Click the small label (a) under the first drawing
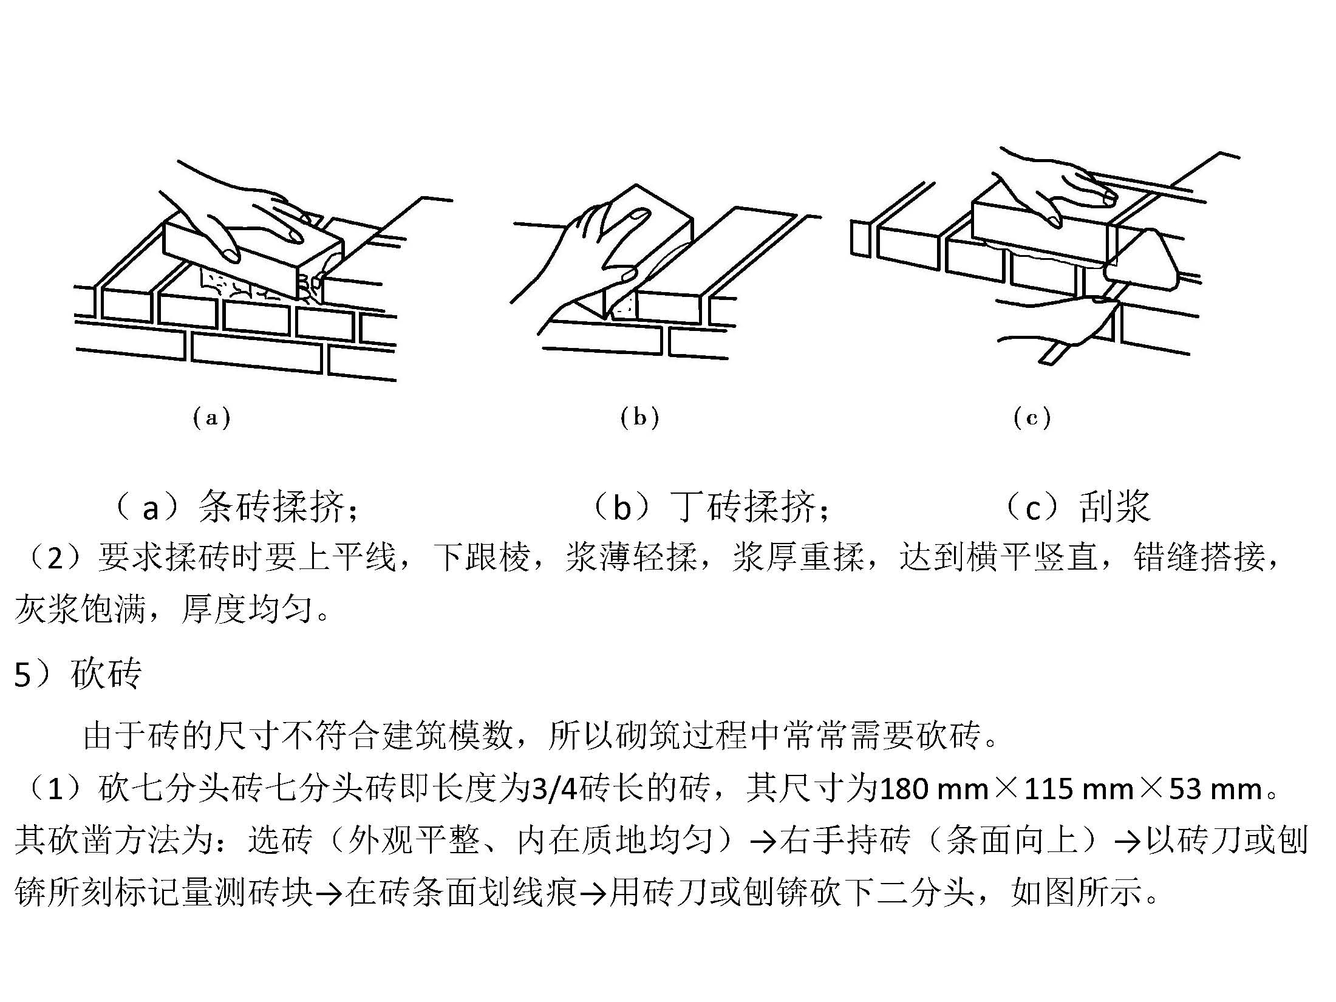pyautogui.click(x=211, y=418)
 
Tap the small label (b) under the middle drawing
pyautogui.click(x=639, y=418)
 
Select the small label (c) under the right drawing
pyautogui.click(x=1032, y=418)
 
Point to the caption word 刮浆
pyautogui.click(x=1115, y=506)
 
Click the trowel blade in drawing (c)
pyautogui.click(x=1142, y=260)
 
